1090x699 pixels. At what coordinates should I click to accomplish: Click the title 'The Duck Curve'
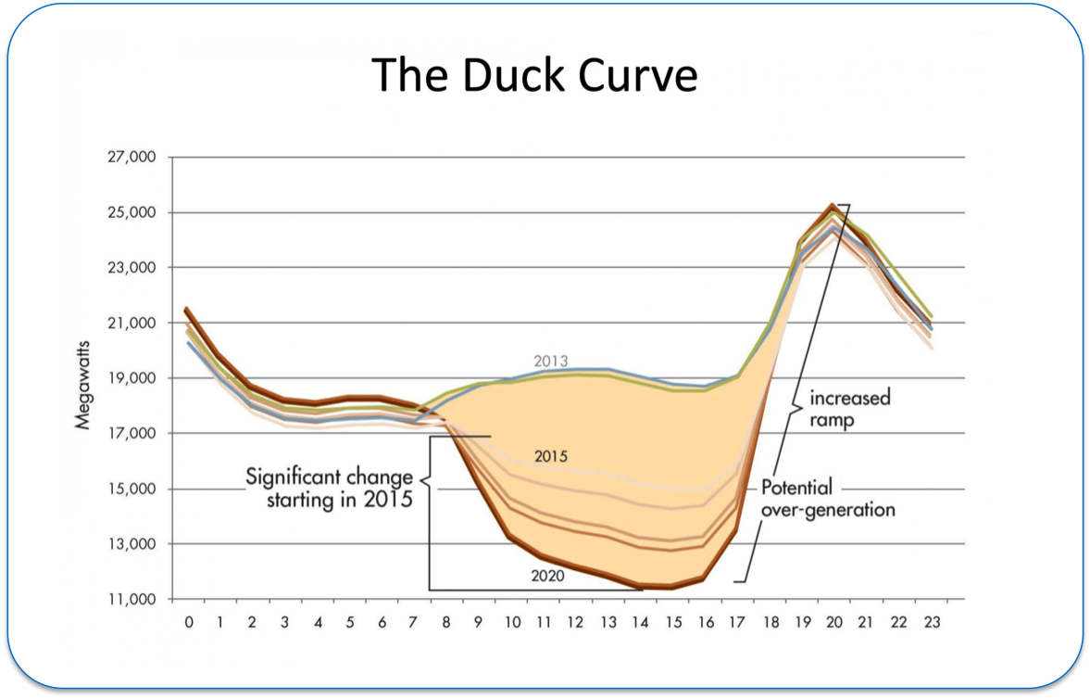(534, 75)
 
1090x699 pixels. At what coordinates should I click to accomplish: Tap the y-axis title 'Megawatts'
(82, 378)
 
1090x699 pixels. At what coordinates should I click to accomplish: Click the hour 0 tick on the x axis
(189, 622)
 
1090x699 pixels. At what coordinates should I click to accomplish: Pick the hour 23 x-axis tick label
(932, 622)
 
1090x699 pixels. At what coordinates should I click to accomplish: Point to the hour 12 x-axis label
(576, 622)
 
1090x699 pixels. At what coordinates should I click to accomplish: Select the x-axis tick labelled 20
(834, 622)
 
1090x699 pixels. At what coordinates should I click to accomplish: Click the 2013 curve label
(550, 361)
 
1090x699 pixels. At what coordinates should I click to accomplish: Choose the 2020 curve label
(548, 575)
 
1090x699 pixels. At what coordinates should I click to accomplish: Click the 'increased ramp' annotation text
(849, 408)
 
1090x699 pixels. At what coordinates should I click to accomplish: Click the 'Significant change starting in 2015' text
(330, 488)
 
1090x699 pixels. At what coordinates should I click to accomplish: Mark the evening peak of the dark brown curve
(833, 206)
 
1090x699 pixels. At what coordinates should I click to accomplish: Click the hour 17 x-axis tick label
(737, 622)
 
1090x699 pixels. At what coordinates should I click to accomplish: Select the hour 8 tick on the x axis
(446, 622)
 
